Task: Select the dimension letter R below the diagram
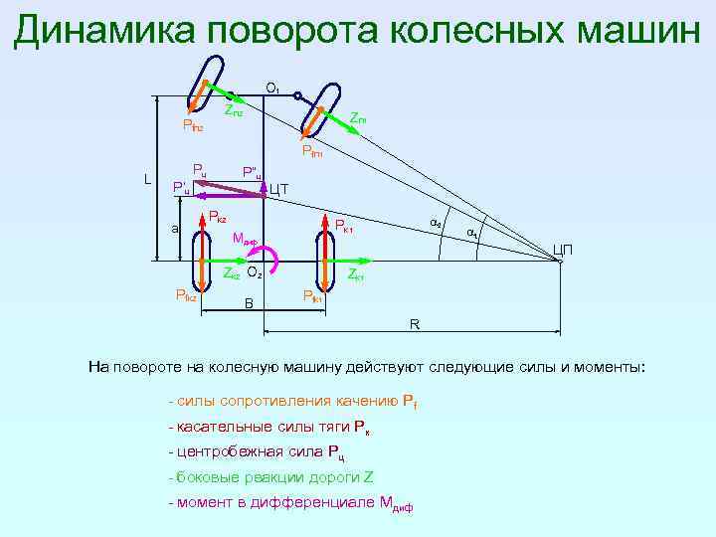(415, 324)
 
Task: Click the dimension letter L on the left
(146, 180)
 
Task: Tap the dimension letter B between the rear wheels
(249, 302)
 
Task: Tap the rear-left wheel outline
(204, 260)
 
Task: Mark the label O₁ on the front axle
(271, 89)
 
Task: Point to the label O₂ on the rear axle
(255, 271)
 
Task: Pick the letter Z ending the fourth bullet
(368, 476)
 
